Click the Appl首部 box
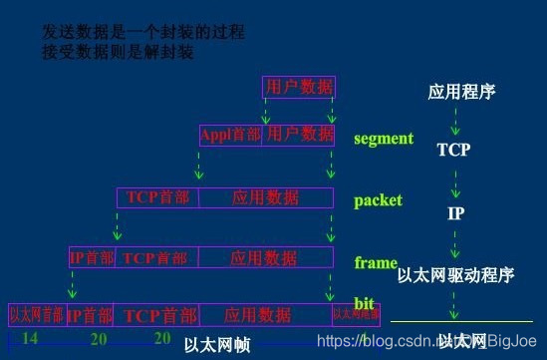pyautogui.click(x=229, y=134)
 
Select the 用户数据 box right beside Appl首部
pyautogui.click(x=298, y=134)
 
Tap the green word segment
pyautogui.click(x=384, y=139)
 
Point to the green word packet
pyautogui.click(x=378, y=200)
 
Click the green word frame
pyautogui.click(x=376, y=263)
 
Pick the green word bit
pyautogui.click(x=364, y=303)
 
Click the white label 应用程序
pyautogui.click(x=461, y=93)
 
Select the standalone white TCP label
pyautogui.click(x=452, y=151)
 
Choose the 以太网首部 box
pyautogui.click(x=36, y=315)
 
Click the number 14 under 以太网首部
pyautogui.click(x=30, y=339)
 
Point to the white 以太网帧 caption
pyautogui.click(x=216, y=346)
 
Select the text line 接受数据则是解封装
pyautogui.click(x=121, y=51)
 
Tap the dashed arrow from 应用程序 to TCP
pyautogui.click(x=454, y=121)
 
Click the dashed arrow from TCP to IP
pyautogui.click(x=454, y=183)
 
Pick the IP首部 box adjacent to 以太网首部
pyautogui.click(x=90, y=315)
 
